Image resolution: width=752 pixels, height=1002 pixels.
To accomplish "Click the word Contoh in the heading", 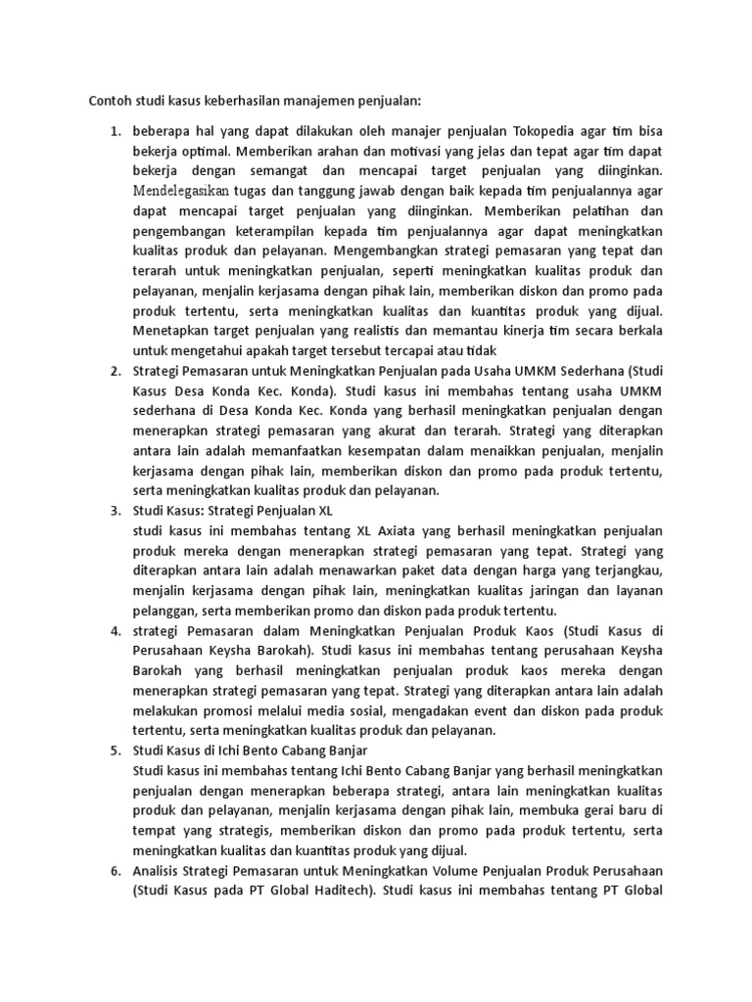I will pos(110,100).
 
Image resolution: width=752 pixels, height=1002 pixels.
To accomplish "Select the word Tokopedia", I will pos(534,130).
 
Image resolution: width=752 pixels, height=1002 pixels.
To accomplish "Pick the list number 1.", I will pos(114,130).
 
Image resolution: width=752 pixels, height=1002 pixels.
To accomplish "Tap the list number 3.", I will pos(114,511).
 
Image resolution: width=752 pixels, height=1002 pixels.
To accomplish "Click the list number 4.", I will pos(114,629).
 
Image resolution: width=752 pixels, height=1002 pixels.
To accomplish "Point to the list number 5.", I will pos(114,750).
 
